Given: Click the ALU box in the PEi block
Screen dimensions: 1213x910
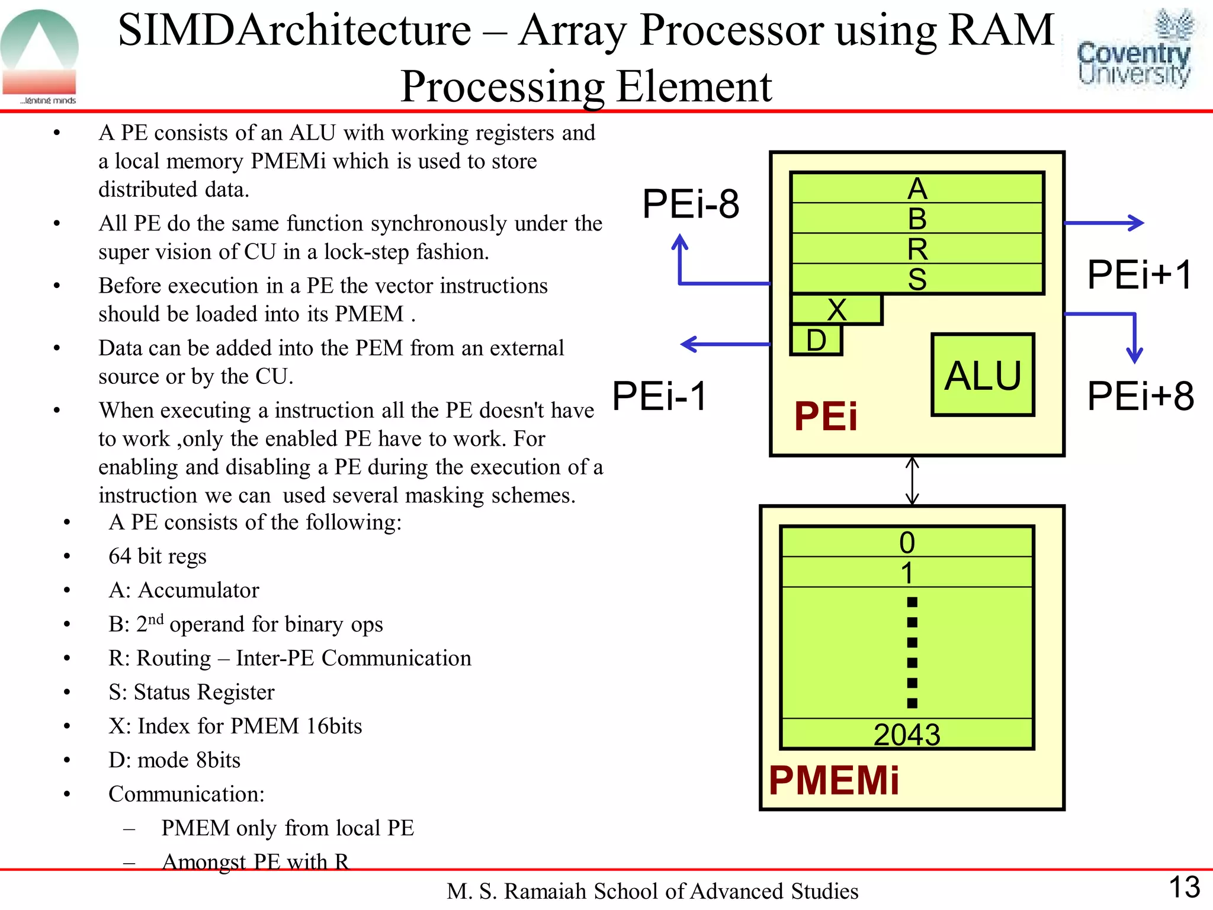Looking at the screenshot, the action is tap(983, 374).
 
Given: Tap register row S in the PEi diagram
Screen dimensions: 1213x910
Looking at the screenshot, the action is tap(917, 278).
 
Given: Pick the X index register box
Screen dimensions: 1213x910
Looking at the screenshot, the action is tap(836, 309).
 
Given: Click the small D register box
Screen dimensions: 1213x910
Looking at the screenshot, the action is tap(816, 340).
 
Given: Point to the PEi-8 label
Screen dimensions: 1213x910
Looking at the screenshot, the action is tap(691, 204).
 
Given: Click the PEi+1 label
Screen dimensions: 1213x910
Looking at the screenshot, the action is tap(1140, 275).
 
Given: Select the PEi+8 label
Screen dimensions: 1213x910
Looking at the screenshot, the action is tap(1141, 396).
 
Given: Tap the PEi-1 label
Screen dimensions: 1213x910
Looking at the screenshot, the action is tap(659, 396).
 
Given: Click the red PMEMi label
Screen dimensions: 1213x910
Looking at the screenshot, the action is tap(834, 780).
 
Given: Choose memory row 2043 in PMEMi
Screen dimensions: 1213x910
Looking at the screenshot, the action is tap(907, 734).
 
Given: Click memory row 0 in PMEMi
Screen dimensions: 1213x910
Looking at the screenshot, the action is tap(907, 541).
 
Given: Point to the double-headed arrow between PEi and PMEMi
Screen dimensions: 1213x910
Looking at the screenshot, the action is tap(913, 480).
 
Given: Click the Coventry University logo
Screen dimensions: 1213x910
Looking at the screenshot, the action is tap(1134, 50).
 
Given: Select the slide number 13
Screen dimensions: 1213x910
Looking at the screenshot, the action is tap(1184, 887).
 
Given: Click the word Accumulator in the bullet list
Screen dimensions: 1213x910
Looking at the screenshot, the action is tap(198, 590).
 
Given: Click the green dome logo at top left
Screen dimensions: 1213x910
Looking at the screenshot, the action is tap(40, 55).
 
